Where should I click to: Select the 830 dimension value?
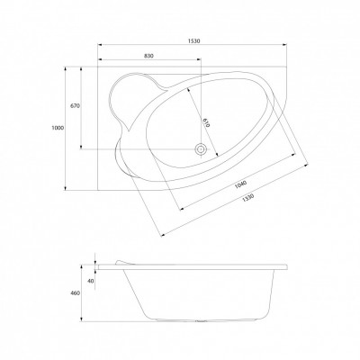148,56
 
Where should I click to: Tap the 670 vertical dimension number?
75,106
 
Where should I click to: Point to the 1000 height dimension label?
58,128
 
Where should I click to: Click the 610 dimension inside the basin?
206,122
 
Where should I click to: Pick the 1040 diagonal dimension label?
240,184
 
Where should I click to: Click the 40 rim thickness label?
91,281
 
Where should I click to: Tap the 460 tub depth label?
76,293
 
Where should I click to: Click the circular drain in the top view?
200,149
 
